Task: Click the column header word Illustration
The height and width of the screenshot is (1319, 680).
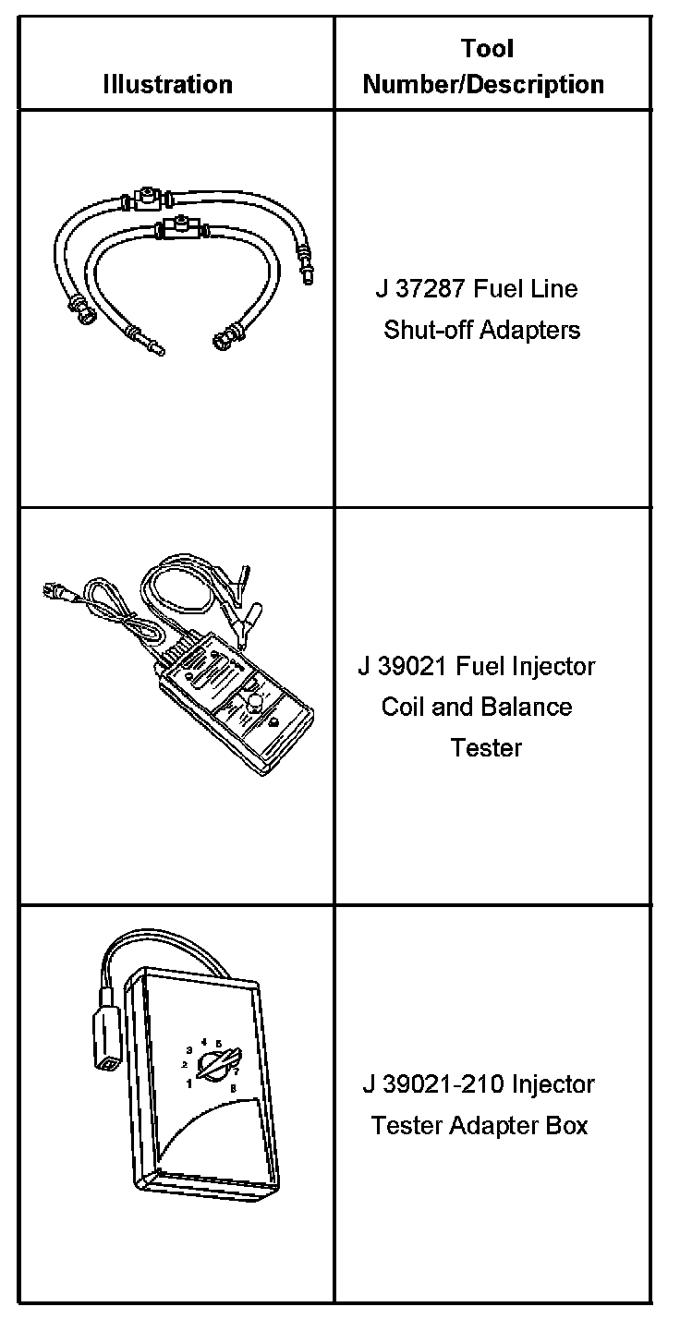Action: click(167, 85)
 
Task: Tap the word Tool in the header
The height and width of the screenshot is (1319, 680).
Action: click(487, 49)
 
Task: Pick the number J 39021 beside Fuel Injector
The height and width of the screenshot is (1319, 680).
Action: click(397, 666)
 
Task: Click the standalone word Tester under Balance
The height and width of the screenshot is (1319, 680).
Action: click(486, 747)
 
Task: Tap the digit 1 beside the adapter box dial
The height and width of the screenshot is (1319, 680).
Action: click(190, 1083)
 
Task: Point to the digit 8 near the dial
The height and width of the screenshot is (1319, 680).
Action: click(233, 1089)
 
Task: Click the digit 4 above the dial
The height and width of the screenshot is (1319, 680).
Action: click(203, 1042)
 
